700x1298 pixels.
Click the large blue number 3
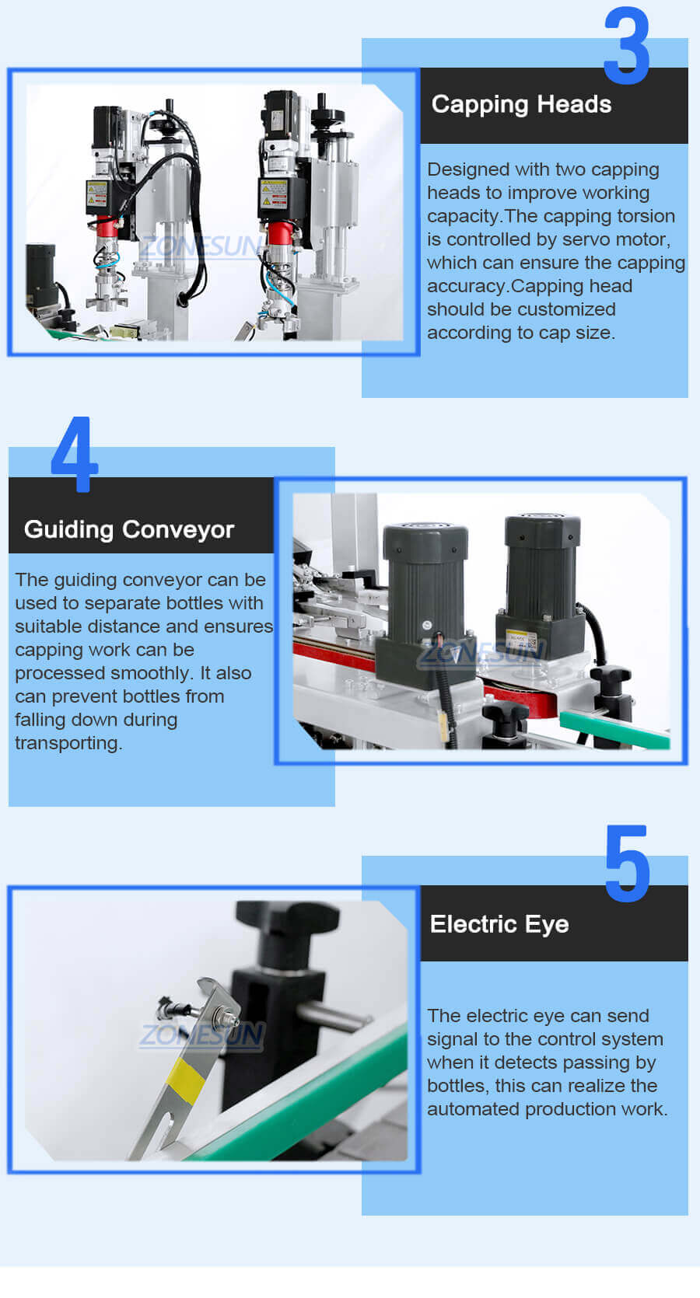(626, 47)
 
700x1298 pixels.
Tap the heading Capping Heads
(521, 104)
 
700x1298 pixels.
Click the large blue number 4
(75, 455)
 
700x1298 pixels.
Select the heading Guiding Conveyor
(129, 529)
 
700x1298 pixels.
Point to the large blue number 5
(627, 864)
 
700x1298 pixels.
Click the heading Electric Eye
(499, 924)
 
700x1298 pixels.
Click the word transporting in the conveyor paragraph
(68, 743)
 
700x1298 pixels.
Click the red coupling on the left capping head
(107, 228)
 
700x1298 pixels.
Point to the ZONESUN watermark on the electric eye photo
(202, 1035)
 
